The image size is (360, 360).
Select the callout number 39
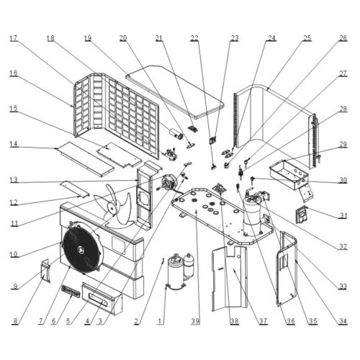click(x=195, y=321)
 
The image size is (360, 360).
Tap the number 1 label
click(x=161, y=321)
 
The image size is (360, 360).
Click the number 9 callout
click(x=14, y=287)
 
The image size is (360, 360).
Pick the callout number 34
click(x=343, y=321)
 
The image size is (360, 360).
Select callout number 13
click(x=14, y=179)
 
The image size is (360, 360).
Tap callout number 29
click(x=343, y=145)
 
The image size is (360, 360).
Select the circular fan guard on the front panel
click(x=81, y=246)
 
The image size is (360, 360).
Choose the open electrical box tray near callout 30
click(x=293, y=170)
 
